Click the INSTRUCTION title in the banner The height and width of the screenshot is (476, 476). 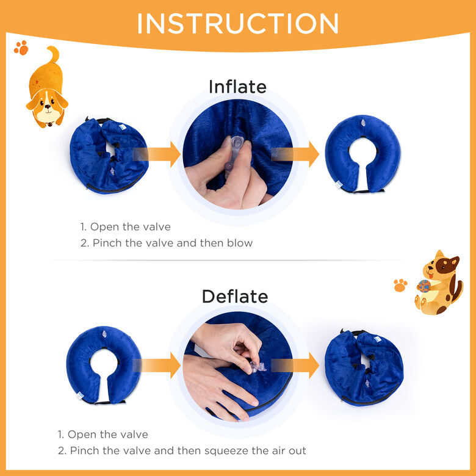(x=238, y=24)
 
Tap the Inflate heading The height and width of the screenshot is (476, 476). (x=237, y=87)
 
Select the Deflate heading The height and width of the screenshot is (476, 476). (x=235, y=297)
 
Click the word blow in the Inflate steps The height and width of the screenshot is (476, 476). (x=240, y=243)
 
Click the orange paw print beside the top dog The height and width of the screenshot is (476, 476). (x=21, y=48)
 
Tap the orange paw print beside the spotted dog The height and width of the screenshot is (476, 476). (x=400, y=286)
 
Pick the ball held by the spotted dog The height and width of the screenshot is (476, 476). (x=424, y=286)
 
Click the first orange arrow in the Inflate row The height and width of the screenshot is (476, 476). (x=157, y=154)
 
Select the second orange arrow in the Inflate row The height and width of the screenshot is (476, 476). (x=295, y=154)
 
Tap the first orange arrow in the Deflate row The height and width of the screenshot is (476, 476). (x=157, y=366)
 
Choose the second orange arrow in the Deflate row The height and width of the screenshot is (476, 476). (x=295, y=366)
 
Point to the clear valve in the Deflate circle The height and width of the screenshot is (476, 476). (x=257, y=366)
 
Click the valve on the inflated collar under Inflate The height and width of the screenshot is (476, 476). (x=363, y=123)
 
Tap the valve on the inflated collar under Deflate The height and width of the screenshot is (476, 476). (x=104, y=335)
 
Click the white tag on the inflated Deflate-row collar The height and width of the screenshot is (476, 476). (x=80, y=395)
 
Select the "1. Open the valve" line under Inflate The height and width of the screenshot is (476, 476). (x=125, y=227)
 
